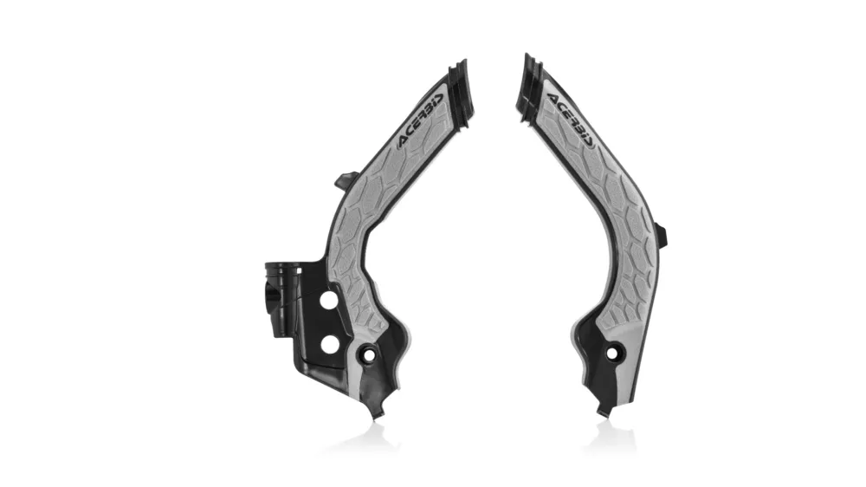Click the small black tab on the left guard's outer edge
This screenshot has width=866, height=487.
pos(342,178)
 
